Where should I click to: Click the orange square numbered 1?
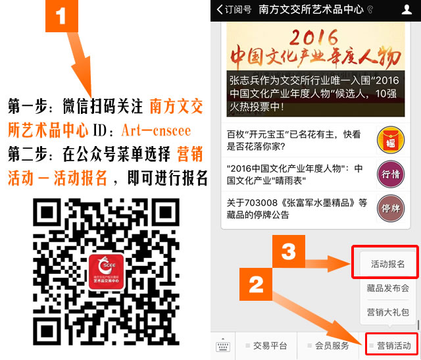(62, 16)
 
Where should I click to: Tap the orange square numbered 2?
(256, 284)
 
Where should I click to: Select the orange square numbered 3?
(289, 251)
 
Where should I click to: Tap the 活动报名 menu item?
(387, 264)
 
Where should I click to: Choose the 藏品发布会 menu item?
(388, 288)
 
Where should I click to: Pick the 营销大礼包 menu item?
(388, 312)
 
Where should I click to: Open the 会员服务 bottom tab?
(332, 346)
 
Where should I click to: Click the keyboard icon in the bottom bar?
(223, 346)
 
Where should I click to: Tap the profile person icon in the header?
(407, 10)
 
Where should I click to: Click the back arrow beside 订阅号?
(220, 9)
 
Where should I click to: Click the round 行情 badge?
(391, 174)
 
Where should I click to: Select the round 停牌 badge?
(391, 208)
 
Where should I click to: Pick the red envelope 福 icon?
(391, 140)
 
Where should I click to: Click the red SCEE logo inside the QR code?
(107, 272)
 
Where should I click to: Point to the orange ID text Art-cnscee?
(156, 130)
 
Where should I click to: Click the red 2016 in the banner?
(313, 37)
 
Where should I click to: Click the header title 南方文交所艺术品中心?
(311, 9)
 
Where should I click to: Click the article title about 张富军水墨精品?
(297, 209)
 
